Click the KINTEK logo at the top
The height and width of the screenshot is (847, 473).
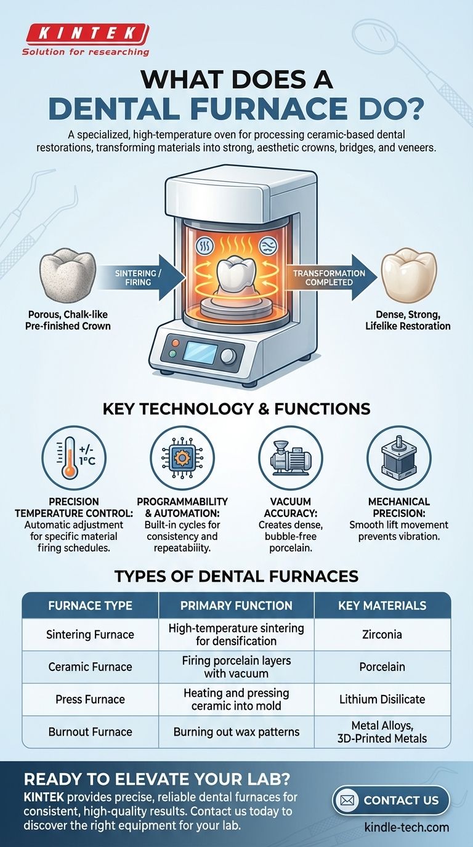click(86, 39)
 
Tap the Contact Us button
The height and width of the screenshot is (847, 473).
click(391, 800)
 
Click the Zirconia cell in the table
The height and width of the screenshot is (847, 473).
click(382, 634)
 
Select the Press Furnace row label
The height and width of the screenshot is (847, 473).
click(90, 699)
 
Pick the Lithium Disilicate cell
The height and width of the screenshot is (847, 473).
click(382, 699)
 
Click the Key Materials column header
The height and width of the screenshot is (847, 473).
click(382, 605)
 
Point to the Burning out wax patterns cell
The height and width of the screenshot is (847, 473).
click(236, 732)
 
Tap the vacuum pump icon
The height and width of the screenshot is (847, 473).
click(291, 458)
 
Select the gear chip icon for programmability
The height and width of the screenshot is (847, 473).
click(182, 458)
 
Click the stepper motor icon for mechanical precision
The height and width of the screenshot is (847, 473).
click(399, 458)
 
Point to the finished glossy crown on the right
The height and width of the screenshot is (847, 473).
click(409, 275)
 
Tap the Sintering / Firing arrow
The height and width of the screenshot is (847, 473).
click(141, 278)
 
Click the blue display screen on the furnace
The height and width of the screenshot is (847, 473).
click(200, 352)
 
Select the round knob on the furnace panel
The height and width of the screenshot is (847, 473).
click(228, 356)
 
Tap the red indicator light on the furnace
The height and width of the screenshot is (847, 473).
click(176, 343)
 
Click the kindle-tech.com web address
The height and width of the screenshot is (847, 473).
click(406, 827)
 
